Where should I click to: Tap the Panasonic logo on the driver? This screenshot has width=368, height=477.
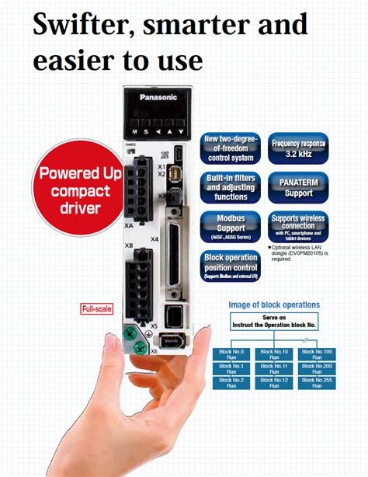(158, 99)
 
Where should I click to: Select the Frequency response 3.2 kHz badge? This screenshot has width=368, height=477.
(299, 148)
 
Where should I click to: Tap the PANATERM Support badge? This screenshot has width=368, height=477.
(299, 187)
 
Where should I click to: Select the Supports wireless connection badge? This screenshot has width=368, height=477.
(299, 225)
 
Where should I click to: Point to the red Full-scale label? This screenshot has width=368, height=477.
(97, 309)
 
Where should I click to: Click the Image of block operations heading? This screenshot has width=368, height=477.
(273, 305)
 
